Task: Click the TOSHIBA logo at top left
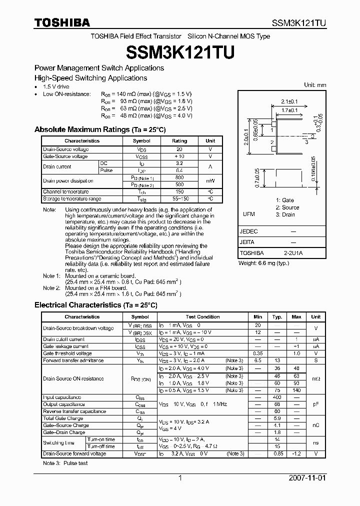(x=62, y=23)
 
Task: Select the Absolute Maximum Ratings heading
(x=99, y=129)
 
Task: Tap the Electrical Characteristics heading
(x=95, y=305)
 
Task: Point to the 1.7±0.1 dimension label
(x=288, y=110)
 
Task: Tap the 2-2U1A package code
(x=293, y=253)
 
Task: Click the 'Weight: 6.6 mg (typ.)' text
(x=263, y=263)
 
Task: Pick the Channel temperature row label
(x=66, y=191)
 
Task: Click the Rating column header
(x=179, y=141)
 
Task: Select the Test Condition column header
(x=202, y=316)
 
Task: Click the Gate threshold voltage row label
(x=67, y=353)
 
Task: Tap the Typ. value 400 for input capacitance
(x=277, y=397)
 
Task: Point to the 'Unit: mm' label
(x=315, y=85)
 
